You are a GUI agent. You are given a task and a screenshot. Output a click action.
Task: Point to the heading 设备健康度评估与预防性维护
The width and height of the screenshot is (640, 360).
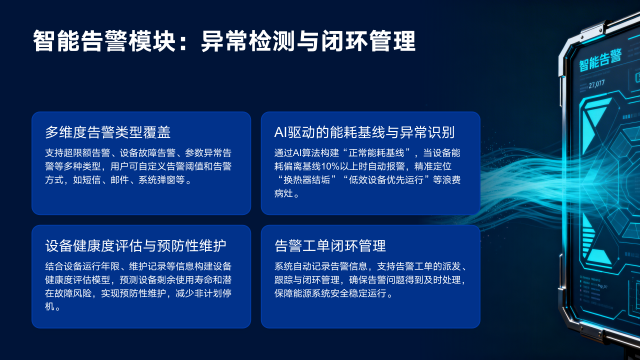point(136,245)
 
